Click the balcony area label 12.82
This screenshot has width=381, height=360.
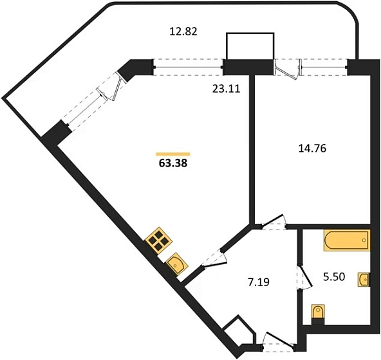click(x=183, y=32)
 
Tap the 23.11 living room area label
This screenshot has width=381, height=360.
click(x=227, y=89)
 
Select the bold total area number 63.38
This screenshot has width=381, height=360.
click(x=173, y=163)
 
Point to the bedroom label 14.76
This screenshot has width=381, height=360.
click(x=312, y=148)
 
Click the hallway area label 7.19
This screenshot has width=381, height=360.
click(x=259, y=282)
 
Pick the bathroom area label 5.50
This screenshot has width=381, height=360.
click(x=334, y=276)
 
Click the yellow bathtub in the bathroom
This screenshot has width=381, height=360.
click(x=347, y=240)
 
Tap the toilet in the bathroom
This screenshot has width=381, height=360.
click(x=318, y=314)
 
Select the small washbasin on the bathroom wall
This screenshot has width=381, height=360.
click(x=364, y=280)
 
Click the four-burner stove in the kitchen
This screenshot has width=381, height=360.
click(x=159, y=240)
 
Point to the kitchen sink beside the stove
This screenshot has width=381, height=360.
click(x=177, y=264)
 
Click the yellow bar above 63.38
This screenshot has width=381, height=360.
click(x=173, y=154)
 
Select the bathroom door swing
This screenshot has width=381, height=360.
click(x=305, y=276)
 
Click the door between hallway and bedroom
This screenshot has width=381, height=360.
click(x=274, y=222)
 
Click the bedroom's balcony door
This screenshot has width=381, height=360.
click(x=287, y=69)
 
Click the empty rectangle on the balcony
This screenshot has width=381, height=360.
click(x=250, y=46)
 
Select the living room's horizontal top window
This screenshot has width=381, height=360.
click(x=189, y=67)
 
